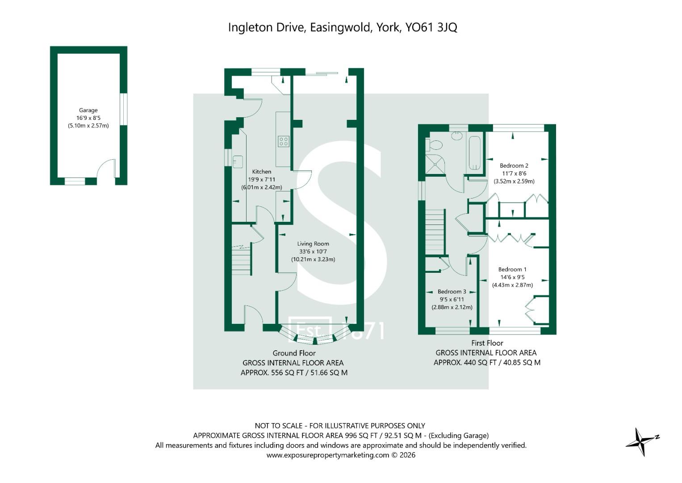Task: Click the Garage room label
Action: (x=88, y=110)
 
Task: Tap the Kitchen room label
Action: (x=261, y=171)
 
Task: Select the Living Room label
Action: (x=313, y=244)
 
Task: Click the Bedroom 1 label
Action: (x=512, y=269)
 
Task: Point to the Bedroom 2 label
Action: (x=514, y=165)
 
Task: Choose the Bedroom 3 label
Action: (x=452, y=292)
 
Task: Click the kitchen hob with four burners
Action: (x=284, y=141)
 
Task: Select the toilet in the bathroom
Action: (x=433, y=144)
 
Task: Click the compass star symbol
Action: (x=641, y=441)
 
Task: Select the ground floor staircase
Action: (x=242, y=261)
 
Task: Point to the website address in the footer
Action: (x=328, y=455)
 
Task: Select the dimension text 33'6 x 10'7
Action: (x=313, y=251)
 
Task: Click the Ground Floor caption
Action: (x=294, y=353)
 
